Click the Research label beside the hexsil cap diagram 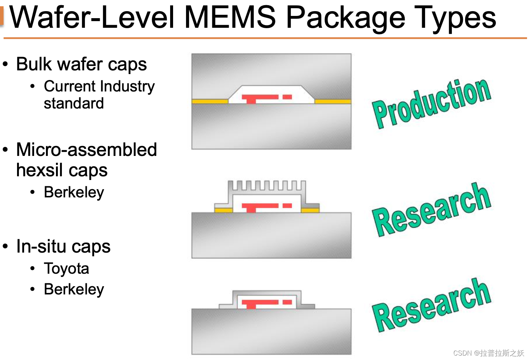coord(432,209)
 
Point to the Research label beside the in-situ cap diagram coord(432,305)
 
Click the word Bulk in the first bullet coord(34,64)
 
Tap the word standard coord(74,103)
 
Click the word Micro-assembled coord(87,150)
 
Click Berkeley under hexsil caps coord(74,193)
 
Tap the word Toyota coord(66,269)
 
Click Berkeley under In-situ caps coord(74,289)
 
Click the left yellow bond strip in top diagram coord(210,101)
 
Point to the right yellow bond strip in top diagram coord(332,101)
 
